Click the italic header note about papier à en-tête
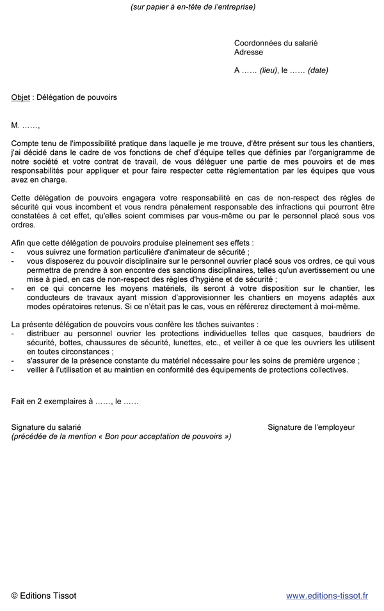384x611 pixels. [192, 7]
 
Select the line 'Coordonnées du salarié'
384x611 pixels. [276, 43]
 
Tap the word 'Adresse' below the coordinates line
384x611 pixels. [248, 53]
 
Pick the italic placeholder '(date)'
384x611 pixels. [317, 70]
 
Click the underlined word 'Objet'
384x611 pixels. [20, 97]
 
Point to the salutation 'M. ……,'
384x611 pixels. [26, 125]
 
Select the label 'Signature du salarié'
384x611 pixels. [46, 427]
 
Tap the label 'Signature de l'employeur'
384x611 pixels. [311, 427]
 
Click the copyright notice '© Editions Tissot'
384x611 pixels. [44, 596]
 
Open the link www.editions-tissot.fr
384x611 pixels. [326, 596]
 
